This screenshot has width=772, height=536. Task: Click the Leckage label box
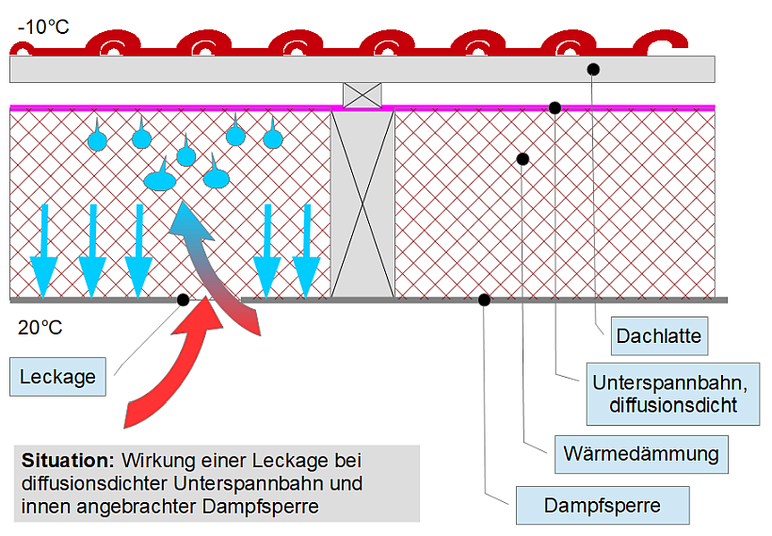tap(57, 377)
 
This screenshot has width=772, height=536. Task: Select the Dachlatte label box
tap(658, 334)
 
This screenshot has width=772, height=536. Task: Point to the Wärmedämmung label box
tap(640, 454)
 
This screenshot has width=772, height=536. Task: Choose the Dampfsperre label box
tap(602, 505)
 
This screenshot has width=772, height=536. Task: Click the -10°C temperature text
tap(42, 26)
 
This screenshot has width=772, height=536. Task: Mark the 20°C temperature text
tap(40, 328)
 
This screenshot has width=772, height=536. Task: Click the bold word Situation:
tap(66, 462)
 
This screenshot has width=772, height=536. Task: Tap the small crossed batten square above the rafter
tap(362, 95)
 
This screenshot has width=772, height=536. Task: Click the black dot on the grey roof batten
tap(593, 68)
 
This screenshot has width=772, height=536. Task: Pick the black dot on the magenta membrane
tap(555, 107)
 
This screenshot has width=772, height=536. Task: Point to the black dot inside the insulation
tap(523, 158)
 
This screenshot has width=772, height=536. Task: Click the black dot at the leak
tap(183, 300)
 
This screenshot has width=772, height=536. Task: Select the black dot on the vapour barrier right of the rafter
tap(484, 300)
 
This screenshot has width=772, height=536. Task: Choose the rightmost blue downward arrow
tap(306, 250)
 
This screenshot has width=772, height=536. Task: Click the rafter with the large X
tap(362, 203)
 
